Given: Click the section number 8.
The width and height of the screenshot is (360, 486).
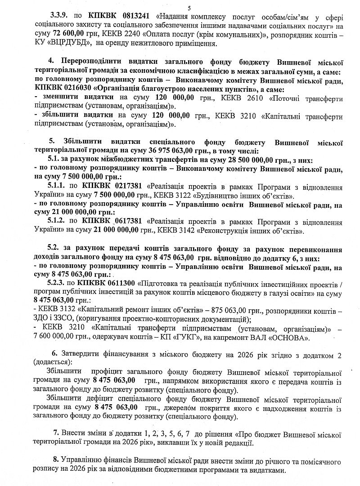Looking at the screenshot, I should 57,462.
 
